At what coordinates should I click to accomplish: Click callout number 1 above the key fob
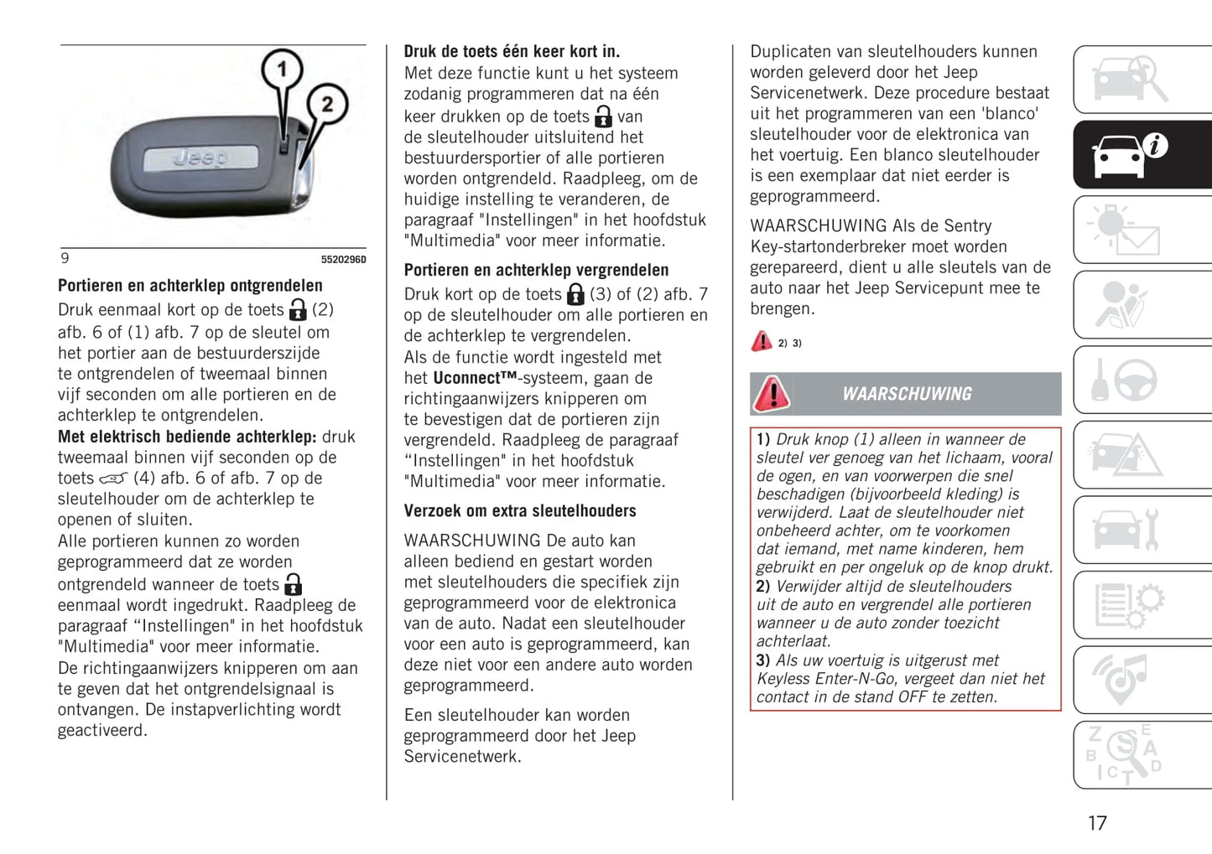coord(283,70)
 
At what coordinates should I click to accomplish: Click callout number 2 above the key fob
coord(327,105)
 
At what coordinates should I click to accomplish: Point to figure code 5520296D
coord(343,260)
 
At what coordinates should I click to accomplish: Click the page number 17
coord(1097,823)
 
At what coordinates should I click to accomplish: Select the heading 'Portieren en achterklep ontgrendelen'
coord(190,286)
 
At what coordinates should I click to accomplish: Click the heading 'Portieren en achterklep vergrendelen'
coord(536,270)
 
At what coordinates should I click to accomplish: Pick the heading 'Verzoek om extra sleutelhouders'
coord(520,510)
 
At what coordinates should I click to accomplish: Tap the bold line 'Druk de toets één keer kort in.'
coord(512,51)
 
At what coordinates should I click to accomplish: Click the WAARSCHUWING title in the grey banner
coord(907,394)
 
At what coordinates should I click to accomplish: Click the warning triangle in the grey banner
coord(772,394)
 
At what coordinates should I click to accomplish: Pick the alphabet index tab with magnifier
coord(1124,754)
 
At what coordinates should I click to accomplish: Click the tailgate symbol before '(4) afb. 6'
coord(113,479)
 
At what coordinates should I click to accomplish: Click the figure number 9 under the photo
coord(65,258)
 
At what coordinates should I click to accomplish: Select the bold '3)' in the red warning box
coord(763,660)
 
